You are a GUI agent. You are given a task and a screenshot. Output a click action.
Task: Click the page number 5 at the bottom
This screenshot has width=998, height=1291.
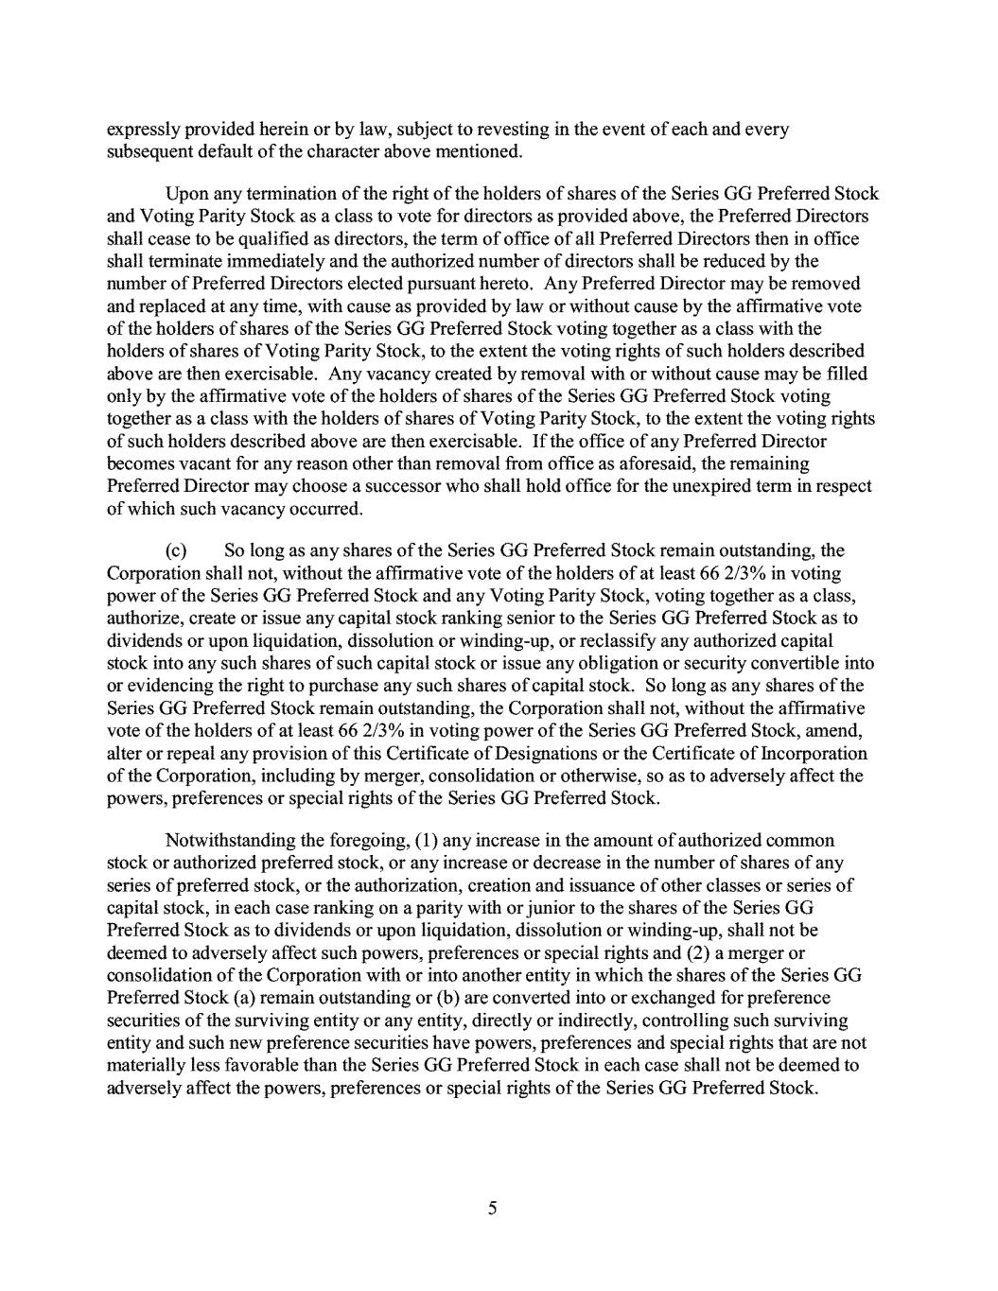coord(492,1208)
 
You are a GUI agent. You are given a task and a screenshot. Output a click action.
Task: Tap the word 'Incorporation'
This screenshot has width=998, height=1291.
coord(814,754)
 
